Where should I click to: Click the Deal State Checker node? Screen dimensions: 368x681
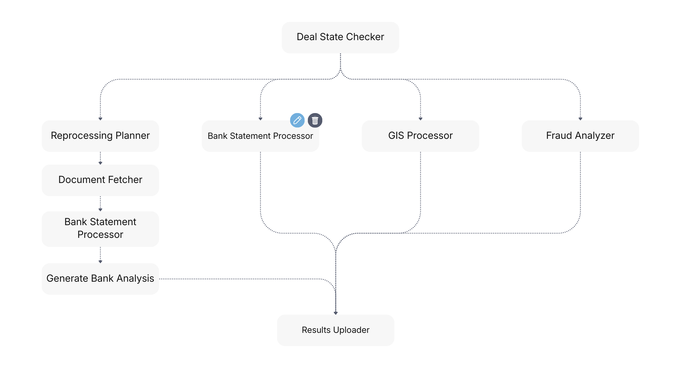pyautogui.click(x=340, y=37)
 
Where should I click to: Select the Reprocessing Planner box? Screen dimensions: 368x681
pyautogui.click(x=100, y=136)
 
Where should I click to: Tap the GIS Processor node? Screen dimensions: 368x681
pyautogui.click(x=420, y=136)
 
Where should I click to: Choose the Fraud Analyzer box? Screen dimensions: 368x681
pyautogui.click(x=580, y=136)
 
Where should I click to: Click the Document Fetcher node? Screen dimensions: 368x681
pyautogui.click(x=100, y=180)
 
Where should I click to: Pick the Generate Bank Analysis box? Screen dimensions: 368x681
pyautogui.click(x=100, y=279)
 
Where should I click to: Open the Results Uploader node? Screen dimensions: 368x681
pyautogui.click(x=335, y=330)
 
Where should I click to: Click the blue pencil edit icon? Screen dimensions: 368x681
pyautogui.click(x=297, y=120)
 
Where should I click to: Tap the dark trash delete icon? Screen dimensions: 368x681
pyautogui.click(x=315, y=120)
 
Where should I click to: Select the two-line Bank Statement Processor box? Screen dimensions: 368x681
pyautogui.click(x=100, y=229)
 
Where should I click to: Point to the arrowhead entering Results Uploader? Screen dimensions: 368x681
pyautogui.click(x=336, y=313)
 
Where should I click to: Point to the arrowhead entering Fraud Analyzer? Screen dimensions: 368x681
pyautogui.click(x=580, y=118)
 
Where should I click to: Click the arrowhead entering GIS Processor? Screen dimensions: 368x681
pyautogui.click(x=420, y=118)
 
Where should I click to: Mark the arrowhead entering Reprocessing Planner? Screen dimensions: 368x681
pyautogui.click(x=100, y=118)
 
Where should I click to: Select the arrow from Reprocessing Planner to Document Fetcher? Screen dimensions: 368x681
pyautogui.click(x=100, y=158)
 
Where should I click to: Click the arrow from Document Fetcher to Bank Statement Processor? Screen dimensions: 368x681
pyautogui.click(x=100, y=204)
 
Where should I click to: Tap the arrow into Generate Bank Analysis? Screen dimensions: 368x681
pyautogui.click(x=100, y=256)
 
